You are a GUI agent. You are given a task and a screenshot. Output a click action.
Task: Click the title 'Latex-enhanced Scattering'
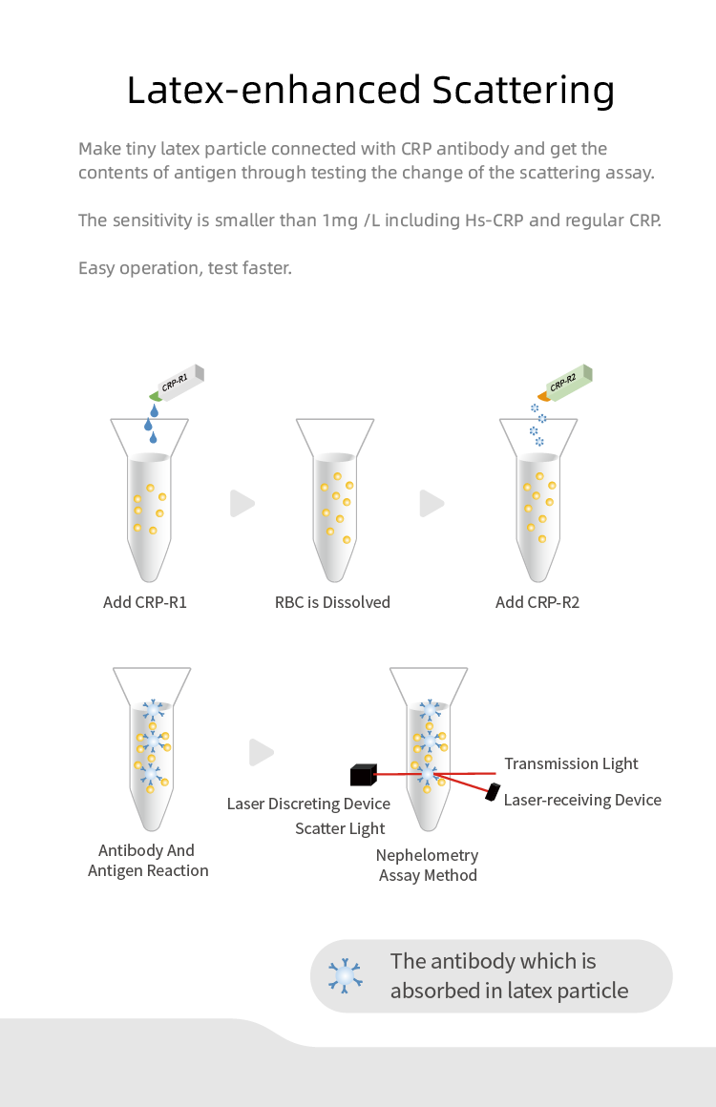(x=369, y=91)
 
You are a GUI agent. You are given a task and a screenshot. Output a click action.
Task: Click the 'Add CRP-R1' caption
(x=145, y=602)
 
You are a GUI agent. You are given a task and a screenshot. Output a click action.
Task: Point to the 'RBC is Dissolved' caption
(x=332, y=602)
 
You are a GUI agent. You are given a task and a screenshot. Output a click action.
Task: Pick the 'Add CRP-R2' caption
(x=537, y=602)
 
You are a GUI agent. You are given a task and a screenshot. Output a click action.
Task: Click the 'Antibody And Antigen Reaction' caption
(x=147, y=860)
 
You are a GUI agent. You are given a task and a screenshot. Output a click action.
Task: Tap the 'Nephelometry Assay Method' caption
(x=427, y=865)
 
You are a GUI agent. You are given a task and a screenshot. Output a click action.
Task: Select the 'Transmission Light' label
(x=571, y=763)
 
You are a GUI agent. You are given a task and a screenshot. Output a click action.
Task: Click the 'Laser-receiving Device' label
(x=582, y=800)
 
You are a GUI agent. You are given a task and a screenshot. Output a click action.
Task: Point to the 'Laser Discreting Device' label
(x=308, y=804)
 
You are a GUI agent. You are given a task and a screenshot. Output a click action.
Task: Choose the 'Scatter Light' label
(x=340, y=828)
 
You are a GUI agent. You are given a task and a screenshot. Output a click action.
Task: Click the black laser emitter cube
(x=365, y=773)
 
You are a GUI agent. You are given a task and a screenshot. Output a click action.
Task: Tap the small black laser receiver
(x=494, y=791)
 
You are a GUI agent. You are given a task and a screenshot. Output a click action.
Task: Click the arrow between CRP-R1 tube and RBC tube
(x=242, y=503)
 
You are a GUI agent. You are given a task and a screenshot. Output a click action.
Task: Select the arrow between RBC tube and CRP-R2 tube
(x=432, y=503)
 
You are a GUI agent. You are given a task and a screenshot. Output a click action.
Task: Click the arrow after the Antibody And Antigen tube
(x=261, y=752)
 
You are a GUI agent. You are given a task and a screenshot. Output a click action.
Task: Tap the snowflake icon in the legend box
(x=345, y=975)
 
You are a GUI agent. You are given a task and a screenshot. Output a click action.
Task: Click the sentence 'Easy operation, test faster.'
(x=185, y=268)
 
